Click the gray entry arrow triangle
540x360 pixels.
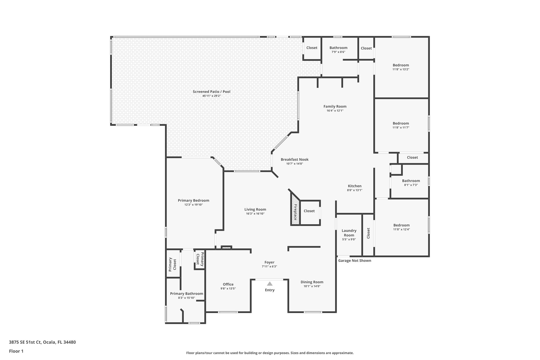point(269,284)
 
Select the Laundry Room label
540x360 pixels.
point(349,233)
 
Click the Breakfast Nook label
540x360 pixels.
point(295,160)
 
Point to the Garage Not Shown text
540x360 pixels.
point(354,261)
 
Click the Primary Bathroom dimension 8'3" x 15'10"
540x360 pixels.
point(186,298)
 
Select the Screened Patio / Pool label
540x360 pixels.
point(211,92)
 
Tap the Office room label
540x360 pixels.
point(228,284)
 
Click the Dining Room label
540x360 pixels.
point(312,282)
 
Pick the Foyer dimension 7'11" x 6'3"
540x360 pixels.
point(269,266)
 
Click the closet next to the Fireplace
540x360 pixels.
point(309,211)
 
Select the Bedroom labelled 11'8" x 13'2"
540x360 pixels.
point(401,65)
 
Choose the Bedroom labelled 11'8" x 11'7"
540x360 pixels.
point(401,123)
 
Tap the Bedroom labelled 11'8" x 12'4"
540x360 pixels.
point(401,225)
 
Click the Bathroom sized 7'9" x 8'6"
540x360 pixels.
point(338,48)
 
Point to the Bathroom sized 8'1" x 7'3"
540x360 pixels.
point(411,181)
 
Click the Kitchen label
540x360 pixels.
point(354,186)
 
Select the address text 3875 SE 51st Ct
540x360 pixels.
point(42,342)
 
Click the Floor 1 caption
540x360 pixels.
point(16,351)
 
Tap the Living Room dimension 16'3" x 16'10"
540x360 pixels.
point(255,214)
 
